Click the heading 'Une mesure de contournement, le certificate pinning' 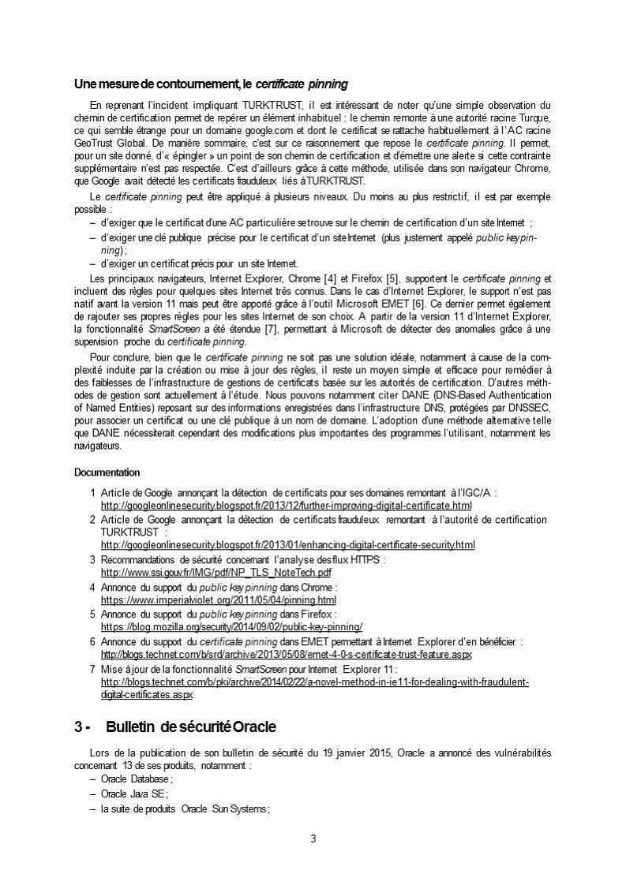(211, 84)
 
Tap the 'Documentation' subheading (107, 472)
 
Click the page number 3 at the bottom (313, 838)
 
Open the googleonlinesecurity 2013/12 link (286, 505)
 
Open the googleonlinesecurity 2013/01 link (287, 545)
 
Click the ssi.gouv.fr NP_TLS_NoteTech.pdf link (216, 572)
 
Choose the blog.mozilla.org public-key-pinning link (231, 627)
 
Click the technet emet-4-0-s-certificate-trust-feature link (286, 655)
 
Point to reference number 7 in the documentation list (92, 669)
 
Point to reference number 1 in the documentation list (92, 493)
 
